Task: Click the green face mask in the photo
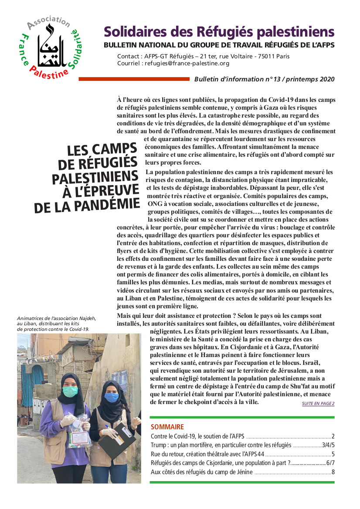[x=70, y=392]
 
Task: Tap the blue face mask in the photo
[x=112, y=397]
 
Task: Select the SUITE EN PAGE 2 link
[x=318, y=404]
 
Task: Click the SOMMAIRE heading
[x=167, y=427]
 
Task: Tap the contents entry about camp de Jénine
[x=201, y=472]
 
